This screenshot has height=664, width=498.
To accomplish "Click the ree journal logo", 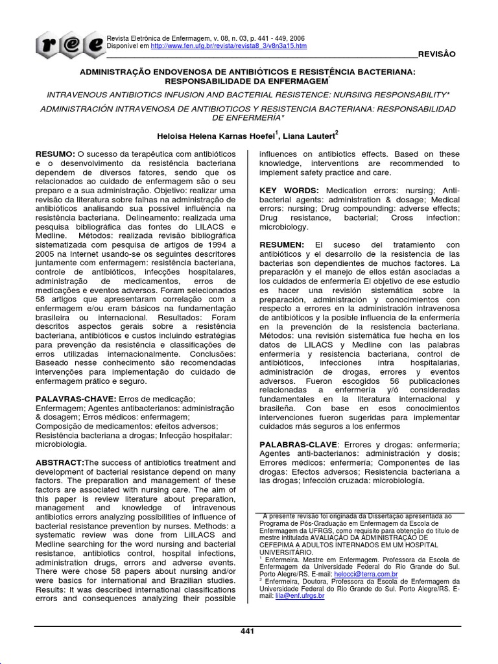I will (x=69, y=45).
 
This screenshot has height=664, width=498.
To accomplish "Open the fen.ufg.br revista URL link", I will (x=228, y=47).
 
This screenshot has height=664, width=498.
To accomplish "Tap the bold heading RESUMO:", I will (x=56, y=154).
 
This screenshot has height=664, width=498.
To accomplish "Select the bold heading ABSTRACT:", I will (x=60, y=462).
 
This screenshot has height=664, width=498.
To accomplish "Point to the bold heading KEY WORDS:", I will (x=289, y=191).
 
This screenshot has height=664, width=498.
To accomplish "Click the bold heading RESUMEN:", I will (x=282, y=245).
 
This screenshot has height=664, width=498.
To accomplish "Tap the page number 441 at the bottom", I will (x=248, y=632).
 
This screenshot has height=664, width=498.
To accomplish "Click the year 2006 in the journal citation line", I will (x=298, y=39).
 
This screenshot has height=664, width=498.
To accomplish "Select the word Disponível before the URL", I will (x=123, y=47).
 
